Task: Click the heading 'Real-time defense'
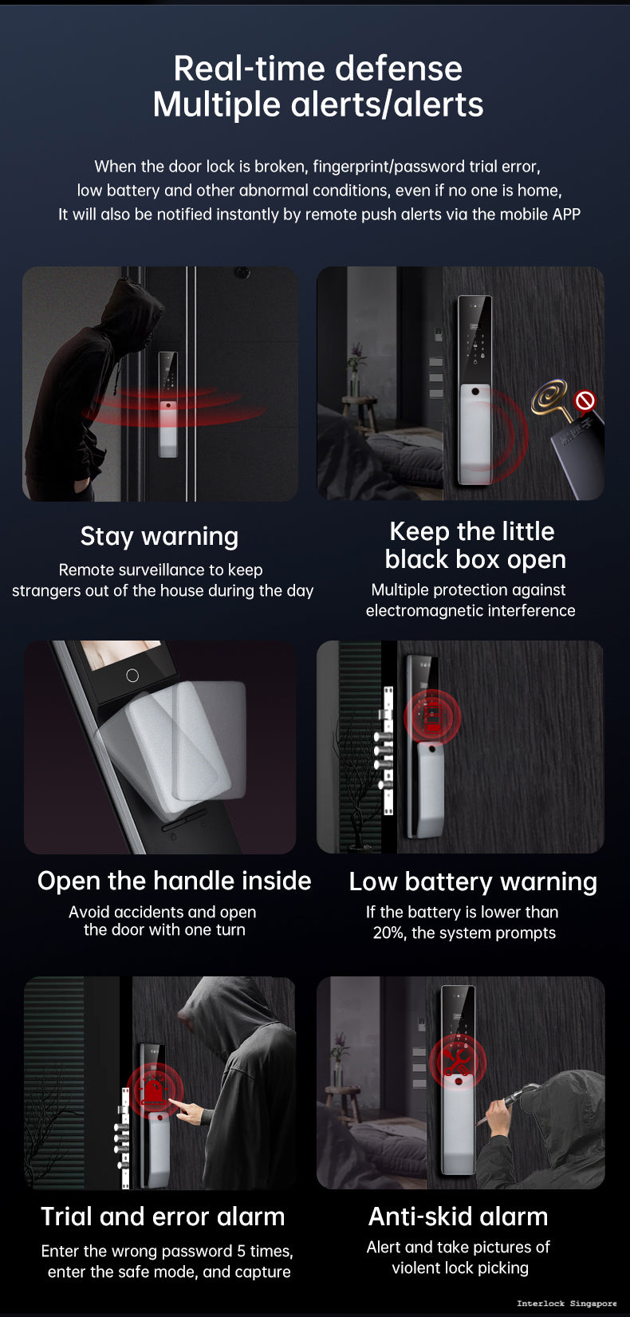317,69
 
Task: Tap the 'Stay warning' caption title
159,537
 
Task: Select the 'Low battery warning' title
473,882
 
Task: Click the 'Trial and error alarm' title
163,1216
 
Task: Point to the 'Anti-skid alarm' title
459,1216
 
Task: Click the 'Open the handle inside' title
174,881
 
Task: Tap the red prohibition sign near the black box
585,400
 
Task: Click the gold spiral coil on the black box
551,396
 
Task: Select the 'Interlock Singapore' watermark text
566,1303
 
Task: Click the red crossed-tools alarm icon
457,1060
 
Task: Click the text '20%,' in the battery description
389,933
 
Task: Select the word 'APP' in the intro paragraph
565,215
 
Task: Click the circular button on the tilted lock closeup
132,676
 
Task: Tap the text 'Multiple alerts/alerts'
317,104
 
